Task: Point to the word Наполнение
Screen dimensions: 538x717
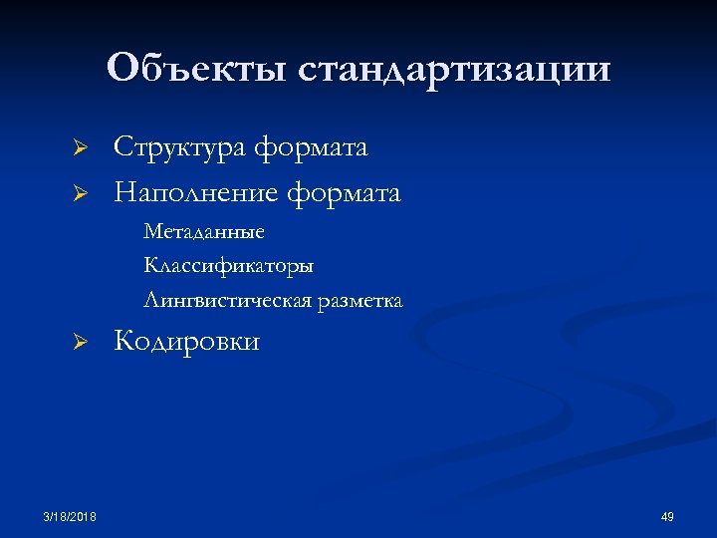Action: pos(196,191)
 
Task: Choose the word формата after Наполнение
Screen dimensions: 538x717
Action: pos(344,191)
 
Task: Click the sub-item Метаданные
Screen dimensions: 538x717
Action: pos(204,232)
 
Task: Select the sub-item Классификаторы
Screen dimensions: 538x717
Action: pos(229,266)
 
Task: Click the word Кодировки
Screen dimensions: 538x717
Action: pos(187,342)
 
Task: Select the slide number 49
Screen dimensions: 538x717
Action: pos(667,516)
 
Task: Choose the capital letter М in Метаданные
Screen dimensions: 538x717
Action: pos(152,232)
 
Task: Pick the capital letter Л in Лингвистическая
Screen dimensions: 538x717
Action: pos(151,300)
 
